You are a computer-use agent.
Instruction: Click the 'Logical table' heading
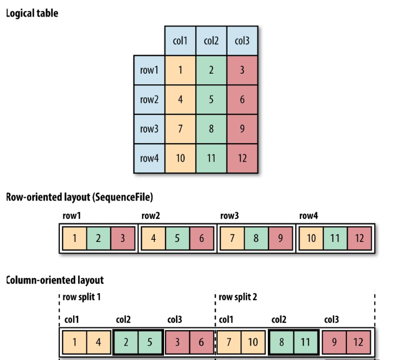32,13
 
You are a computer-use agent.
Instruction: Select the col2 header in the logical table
211,40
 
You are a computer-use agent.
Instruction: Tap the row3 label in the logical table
149,129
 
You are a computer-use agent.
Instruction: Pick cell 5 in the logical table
211,99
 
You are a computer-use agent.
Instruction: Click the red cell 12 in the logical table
242,158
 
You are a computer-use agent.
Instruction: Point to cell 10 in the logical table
180,158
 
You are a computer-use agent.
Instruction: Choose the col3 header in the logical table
242,40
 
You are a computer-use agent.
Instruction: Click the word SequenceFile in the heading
124,197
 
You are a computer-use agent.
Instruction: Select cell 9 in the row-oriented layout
279,238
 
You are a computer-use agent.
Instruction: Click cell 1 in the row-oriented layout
75,238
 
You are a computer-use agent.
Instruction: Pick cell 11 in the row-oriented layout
335,238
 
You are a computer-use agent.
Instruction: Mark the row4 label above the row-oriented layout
308,216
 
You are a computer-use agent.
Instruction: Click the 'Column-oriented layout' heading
55,280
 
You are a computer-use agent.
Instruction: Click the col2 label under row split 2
279,320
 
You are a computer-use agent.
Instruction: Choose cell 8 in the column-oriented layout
282,342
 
